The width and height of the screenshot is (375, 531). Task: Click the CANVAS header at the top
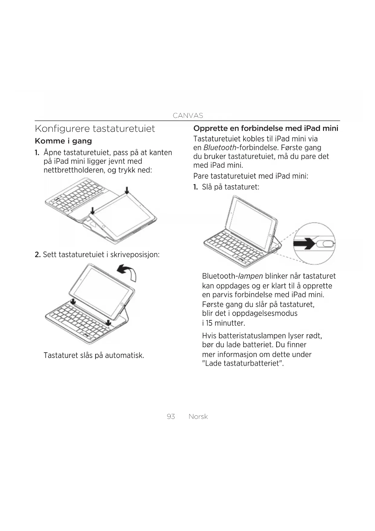188,115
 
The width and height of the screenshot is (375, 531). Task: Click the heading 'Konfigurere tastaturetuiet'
95,129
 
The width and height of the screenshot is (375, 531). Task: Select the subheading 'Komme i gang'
63,141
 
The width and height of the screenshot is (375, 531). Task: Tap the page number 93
171,417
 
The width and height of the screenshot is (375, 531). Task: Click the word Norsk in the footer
198,417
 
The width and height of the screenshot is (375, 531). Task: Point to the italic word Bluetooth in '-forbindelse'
220,148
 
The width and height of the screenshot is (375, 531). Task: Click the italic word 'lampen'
251,276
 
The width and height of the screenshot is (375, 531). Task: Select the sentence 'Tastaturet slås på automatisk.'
94,355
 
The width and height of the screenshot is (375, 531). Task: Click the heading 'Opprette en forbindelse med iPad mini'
266,128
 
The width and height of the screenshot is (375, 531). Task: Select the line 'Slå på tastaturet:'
230,187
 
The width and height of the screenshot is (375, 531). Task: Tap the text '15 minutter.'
225,323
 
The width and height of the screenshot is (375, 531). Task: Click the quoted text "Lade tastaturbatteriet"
243,363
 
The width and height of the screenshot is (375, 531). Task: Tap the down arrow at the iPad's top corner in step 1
127,190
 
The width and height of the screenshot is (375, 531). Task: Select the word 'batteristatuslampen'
252,336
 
